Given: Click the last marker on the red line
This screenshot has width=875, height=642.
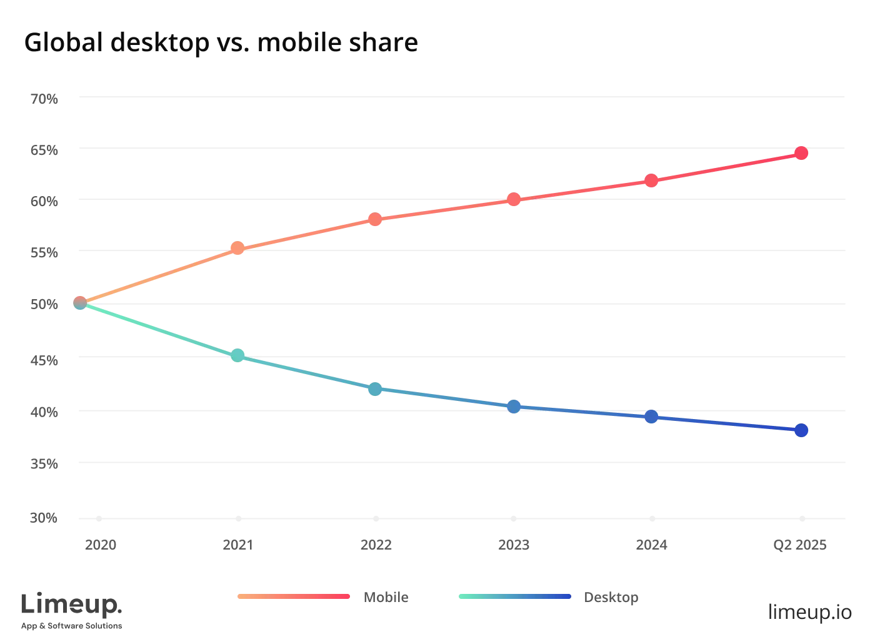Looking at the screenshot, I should pyautogui.click(x=802, y=153).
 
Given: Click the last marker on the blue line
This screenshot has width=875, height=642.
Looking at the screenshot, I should pyautogui.click(x=802, y=430).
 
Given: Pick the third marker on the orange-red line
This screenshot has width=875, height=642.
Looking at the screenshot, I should pyautogui.click(x=375, y=219).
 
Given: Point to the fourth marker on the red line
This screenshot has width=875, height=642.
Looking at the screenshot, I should pyautogui.click(x=514, y=200).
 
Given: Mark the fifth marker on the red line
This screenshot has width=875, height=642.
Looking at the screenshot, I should pyautogui.click(x=651, y=180).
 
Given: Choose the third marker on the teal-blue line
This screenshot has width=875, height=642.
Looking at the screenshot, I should pyautogui.click(x=375, y=390).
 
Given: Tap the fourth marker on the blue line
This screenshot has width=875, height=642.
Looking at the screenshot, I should pyautogui.click(x=514, y=407).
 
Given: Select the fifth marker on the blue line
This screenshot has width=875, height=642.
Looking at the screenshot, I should pyautogui.click(x=651, y=417).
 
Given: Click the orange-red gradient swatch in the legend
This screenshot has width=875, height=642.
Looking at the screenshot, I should pyautogui.click(x=292, y=596).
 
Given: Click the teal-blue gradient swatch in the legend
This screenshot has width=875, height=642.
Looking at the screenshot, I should pyautogui.click(x=515, y=596).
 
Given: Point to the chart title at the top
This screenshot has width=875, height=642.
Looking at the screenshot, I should pyautogui.click(x=222, y=45).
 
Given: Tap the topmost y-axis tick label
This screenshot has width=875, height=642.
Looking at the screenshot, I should pyautogui.click(x=44, y=97).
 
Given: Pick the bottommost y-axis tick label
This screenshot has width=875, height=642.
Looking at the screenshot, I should pyautogui.click(x=44, y=517).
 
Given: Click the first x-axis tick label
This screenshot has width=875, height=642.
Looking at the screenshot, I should pyautogui.click(x=102, y=545).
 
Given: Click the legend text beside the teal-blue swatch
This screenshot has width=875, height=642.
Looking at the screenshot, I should pyautogui.click(x=612, y=597).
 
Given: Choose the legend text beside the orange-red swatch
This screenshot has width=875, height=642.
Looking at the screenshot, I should pyautogui.click(x=385, y=596).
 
